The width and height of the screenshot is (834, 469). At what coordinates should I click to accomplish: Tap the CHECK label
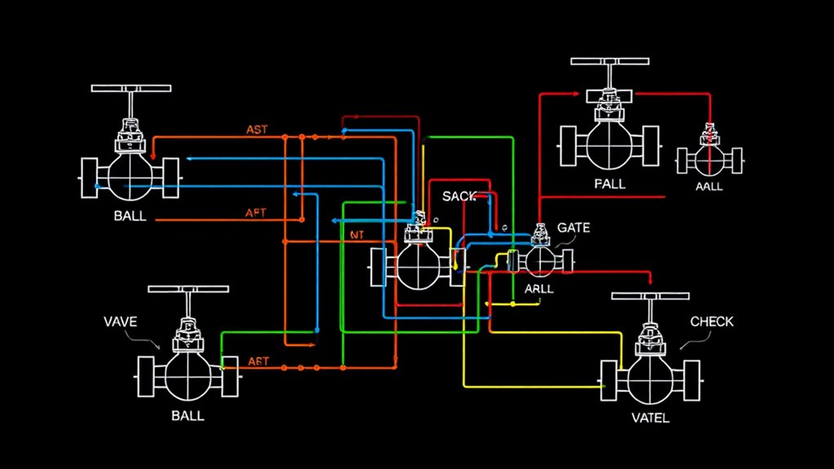pyautogui.click(x=711, y=321)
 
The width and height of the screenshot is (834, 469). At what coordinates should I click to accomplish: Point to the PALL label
pyautogui.click(x=610, y=184)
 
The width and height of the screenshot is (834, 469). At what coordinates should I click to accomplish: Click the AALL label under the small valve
pyautogui.click(x=709, y=187)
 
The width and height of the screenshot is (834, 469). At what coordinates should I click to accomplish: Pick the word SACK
pyautogui.click(x=459, y=197)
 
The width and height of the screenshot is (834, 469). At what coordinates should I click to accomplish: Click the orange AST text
pyautogui.click(x=262, y=130)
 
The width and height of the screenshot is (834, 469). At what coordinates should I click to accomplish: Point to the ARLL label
pyautogui.click(x=539, y=289)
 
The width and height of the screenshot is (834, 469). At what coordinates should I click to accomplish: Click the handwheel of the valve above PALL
pyautogui.click(x=610, y=62)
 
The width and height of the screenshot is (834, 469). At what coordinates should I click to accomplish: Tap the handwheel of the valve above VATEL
pyautogui.click(x=650, y=296)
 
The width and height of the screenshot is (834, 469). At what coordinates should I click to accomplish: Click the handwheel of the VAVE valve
pyautogui.click(x=188, y=290)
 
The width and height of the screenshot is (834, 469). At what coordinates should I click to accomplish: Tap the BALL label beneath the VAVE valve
pyautogui.click(x=187, y=415)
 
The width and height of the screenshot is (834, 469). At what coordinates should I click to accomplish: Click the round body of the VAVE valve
pyautogui.click(x=188, y=374)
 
